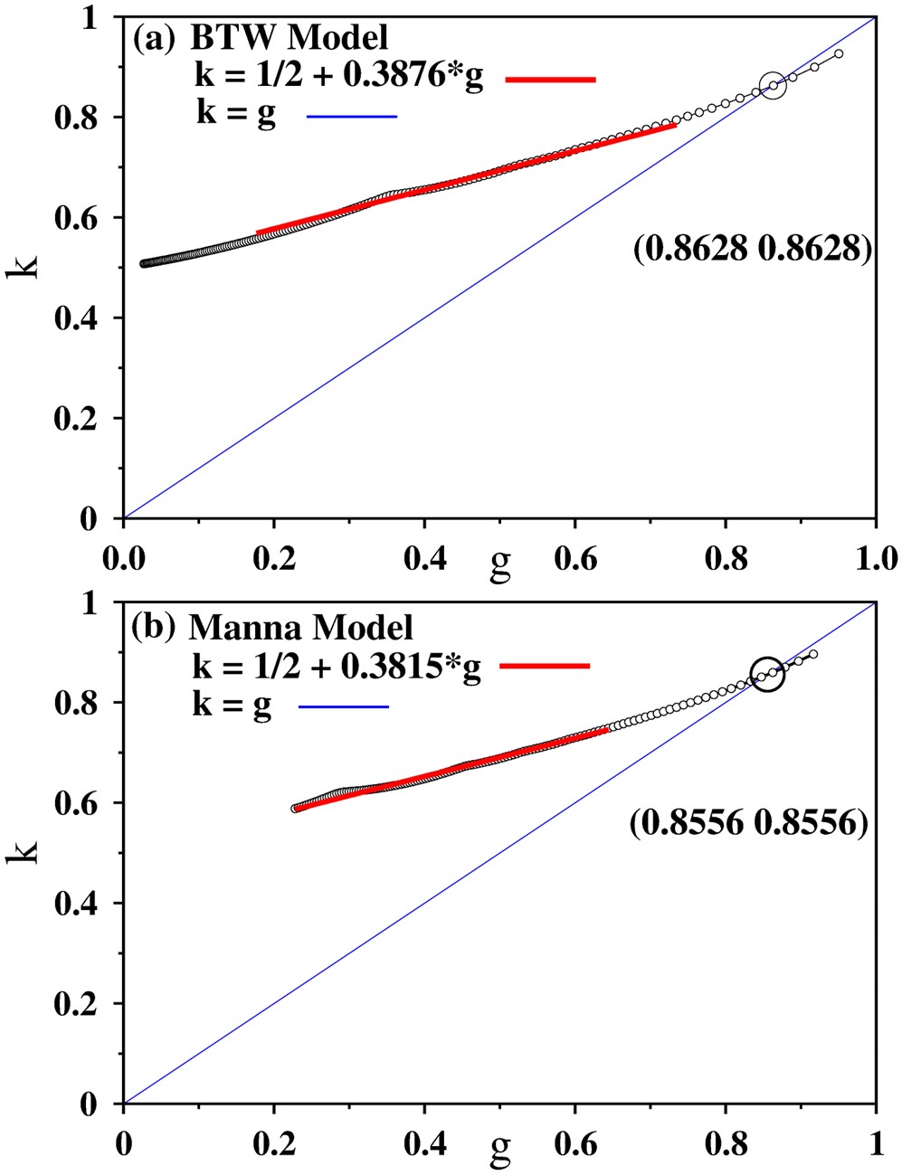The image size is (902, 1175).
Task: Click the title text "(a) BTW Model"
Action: (261, 38)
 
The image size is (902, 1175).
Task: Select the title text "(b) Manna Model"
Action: (273, 627)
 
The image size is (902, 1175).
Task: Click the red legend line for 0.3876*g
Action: (550, 80)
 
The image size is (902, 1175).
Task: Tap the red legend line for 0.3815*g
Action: (545, 667)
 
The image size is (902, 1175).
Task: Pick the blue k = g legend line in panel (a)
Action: (352, 117)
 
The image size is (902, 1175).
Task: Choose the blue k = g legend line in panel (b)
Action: (344, 706)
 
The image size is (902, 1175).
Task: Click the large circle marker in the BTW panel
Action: (773, 86)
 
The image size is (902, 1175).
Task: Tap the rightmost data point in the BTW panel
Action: (839, 54)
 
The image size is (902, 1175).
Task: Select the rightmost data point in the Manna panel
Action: (813, 654)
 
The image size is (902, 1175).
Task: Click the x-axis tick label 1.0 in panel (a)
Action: (874, 558)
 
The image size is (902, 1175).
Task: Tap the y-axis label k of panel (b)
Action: (24, 851)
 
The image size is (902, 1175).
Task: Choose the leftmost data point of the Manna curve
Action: (295, 809)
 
